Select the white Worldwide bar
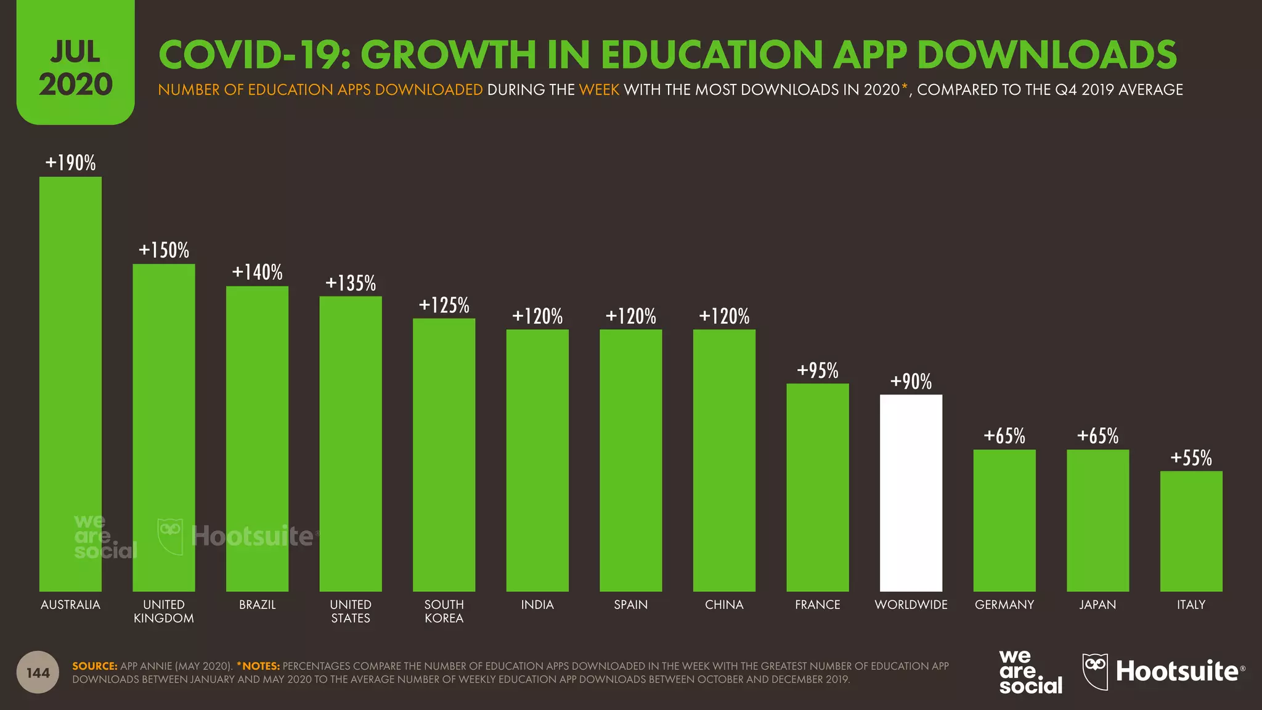coord(911,492)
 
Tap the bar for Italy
coord(1191,531)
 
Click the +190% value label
coord(70,163)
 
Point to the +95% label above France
coord(817,370)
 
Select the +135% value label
coord(350,283)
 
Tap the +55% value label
coord(1191,458)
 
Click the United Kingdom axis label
coord(163,611)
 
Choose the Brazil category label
coord(257,605)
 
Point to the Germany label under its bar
coord(1004,605)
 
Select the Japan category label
coord(1097,605)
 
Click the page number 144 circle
coord(38,672)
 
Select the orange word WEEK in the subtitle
coord(599,90)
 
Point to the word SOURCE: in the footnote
coord(94,666)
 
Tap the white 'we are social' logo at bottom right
coord(1030,672)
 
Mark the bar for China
coord(724,460)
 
